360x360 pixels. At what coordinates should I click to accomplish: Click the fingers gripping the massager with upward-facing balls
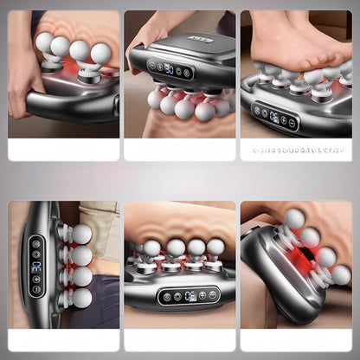coord(22,82)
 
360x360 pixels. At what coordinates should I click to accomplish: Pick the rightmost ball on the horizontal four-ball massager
coord(216,247)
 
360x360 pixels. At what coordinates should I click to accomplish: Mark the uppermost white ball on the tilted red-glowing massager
coord(296,218)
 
